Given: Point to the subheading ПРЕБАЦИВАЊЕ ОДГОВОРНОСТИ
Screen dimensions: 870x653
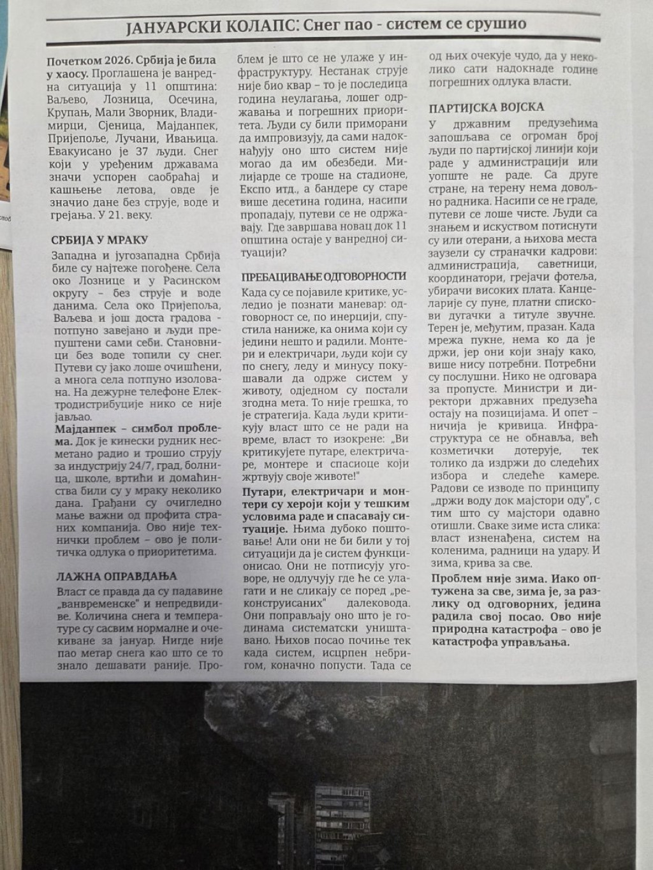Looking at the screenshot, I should (x=324, y=276).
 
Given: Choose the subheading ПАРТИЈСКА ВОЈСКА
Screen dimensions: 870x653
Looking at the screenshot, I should (x=487, y=106).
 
